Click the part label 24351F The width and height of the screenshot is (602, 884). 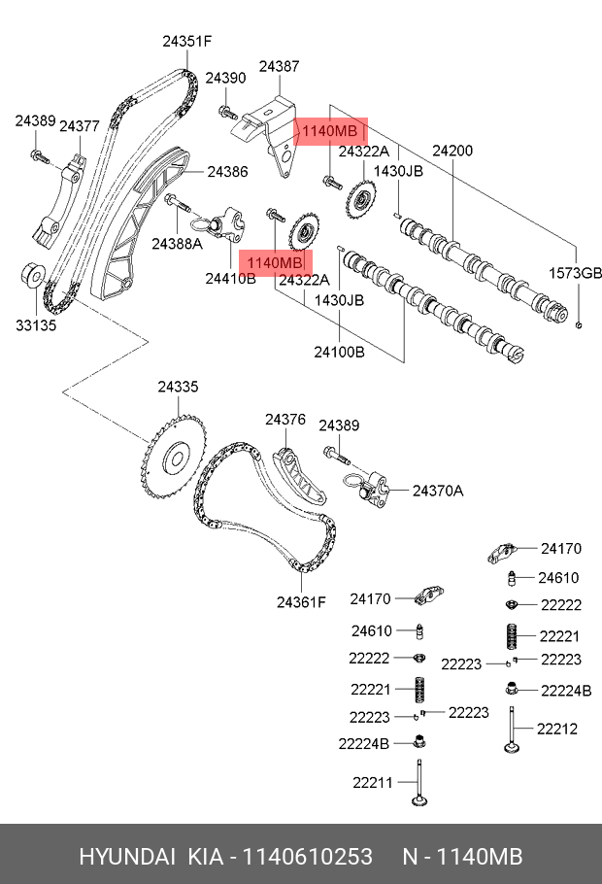coord(186,41)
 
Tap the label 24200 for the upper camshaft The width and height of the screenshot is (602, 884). coord(452,151)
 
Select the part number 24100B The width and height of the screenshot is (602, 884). coord(339,353)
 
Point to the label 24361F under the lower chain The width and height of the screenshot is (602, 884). coord(301,602)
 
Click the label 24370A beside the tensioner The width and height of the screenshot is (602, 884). coord(438,491)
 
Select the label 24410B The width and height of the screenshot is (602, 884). coord(230,279)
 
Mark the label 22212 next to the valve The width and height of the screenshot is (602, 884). coord(559,728)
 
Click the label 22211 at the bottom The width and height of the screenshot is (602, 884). coord(372,781)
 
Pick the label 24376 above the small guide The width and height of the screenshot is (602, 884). coord(285,420)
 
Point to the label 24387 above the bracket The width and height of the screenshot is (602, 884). coord(279,67)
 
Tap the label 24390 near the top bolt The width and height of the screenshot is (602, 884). coord(225,78)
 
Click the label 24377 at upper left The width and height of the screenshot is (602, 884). coord(80,126)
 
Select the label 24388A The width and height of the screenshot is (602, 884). coord(182,244)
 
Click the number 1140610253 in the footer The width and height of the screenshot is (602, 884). coord(305,856)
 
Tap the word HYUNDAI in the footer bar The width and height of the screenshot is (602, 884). coord(126,856)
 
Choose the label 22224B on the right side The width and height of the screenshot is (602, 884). coord(566,691)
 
